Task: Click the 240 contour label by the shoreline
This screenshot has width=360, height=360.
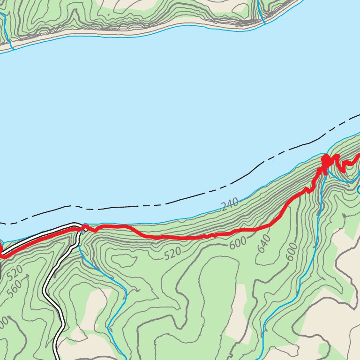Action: point(230,204)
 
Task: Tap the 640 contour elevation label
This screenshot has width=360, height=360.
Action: point(264,243)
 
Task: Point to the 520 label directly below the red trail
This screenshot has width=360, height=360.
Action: point(172,253)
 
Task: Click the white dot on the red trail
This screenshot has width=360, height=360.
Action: point(86,229)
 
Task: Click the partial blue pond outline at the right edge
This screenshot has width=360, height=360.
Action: point(358,190)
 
